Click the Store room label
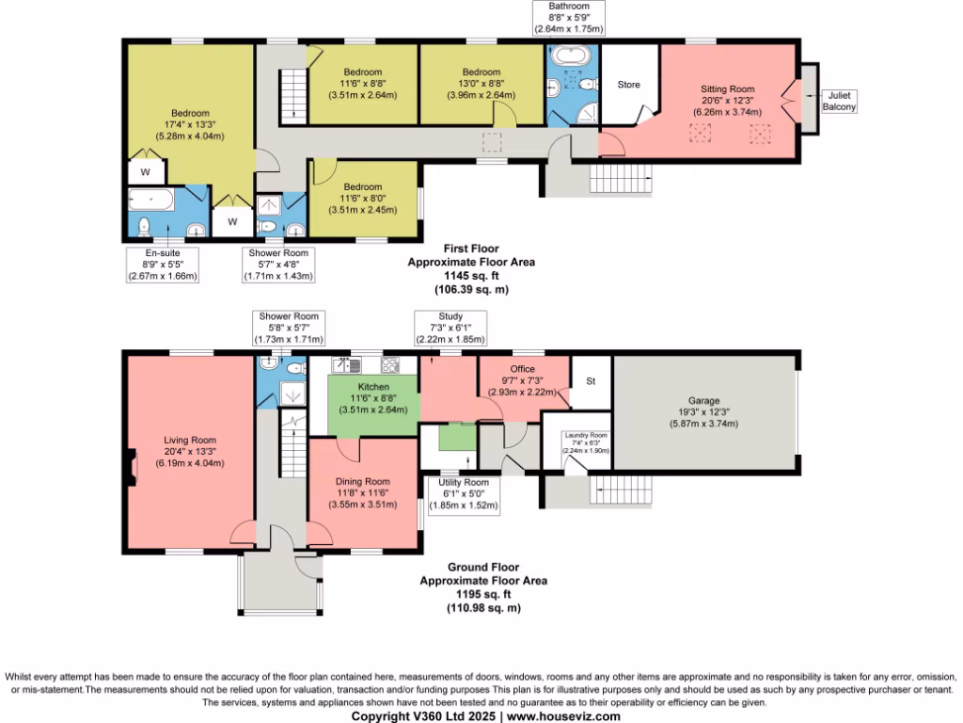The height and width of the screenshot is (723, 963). click(628, 85)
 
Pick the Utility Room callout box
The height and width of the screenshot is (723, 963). click(463, 493)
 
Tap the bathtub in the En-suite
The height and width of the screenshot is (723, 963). click(150, 200)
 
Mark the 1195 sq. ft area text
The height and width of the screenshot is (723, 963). click(482, 595)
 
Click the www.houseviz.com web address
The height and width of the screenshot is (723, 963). click(563, 716)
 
